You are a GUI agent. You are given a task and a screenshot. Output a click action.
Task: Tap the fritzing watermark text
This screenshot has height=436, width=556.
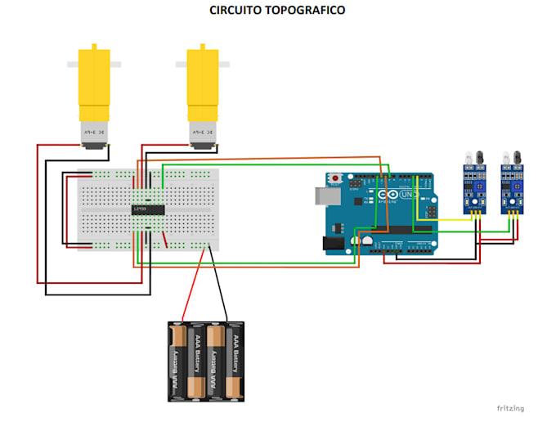coord(509,407)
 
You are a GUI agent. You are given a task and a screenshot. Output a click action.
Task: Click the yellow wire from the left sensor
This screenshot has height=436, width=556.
coord(442,219)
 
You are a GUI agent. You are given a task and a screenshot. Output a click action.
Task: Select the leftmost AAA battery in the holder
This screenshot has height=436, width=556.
coord(177,360)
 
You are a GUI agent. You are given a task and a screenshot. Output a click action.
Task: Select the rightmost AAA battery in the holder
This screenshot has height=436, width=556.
coord(235,360)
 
